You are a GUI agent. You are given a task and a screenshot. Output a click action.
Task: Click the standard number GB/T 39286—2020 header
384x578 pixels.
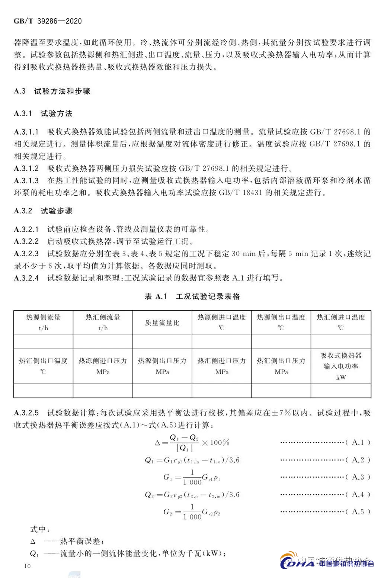[x=48, y=21]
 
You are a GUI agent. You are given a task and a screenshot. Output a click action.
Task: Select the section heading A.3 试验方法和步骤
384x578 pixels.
[x=52, y=91]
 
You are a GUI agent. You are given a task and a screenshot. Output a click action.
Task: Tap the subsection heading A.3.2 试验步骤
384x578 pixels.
[x=43, y=211]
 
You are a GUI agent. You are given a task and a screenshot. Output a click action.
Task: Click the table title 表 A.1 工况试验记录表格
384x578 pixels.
[x=192, y=296]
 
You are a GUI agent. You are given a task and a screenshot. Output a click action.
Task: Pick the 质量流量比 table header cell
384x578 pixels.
[x=162, y=323]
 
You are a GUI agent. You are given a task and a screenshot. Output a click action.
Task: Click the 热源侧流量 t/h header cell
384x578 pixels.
[x=43, y=322]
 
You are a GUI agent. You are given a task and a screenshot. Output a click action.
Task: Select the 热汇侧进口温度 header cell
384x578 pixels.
[x=341, y=322]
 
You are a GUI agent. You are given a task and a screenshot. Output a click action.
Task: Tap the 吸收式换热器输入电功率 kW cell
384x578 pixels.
[x=341, y=366]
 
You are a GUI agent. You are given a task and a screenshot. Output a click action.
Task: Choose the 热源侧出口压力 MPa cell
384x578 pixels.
[x=162, y=366]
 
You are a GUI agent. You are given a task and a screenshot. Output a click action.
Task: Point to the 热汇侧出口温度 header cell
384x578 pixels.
[x=43, y=366]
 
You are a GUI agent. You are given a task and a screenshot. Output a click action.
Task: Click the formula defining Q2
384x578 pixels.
[x=192, y=495]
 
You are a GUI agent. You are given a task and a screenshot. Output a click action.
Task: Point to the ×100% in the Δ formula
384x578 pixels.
[x=215, y=443]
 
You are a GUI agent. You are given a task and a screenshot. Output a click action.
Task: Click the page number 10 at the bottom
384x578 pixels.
[x=27, y=566]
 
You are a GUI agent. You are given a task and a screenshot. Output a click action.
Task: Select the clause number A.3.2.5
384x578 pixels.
[x=26, y=413]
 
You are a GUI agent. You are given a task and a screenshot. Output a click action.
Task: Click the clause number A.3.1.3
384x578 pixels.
[x=26, y=180]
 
